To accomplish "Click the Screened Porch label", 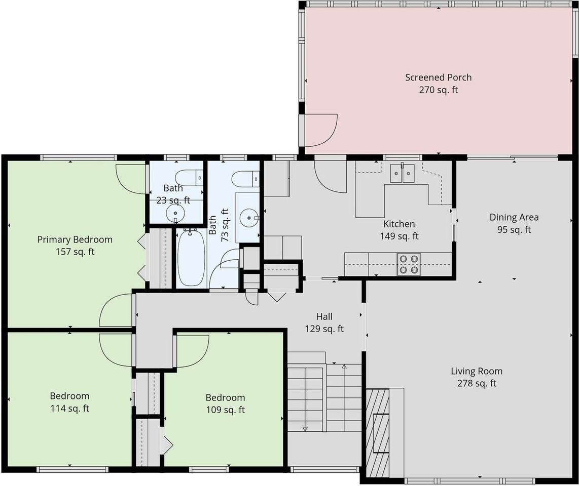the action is [x=439, y=77].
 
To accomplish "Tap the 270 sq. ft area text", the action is [x=439, y=90].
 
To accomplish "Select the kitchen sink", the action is [x=403, y=173].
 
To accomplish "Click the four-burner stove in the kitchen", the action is [x=409, y=264].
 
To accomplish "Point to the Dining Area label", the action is [x=514, y=217].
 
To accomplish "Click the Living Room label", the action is [x=477, y=371].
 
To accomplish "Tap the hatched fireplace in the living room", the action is [x=378, y=433].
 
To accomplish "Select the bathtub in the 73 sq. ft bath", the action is [x=191, y=257].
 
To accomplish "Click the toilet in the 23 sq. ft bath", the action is [x=189, y=178].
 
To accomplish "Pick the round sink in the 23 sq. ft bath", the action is [x=175, y=213].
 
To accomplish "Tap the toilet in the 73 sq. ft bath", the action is [x=245, y=179].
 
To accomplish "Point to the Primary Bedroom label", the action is [x=75, y=239].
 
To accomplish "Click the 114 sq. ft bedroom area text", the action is [x=70, y=408].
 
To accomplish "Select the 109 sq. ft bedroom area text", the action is [x=225, y=410].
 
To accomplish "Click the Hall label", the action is [x=324, y=316].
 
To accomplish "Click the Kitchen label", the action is [x=399, y=224].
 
